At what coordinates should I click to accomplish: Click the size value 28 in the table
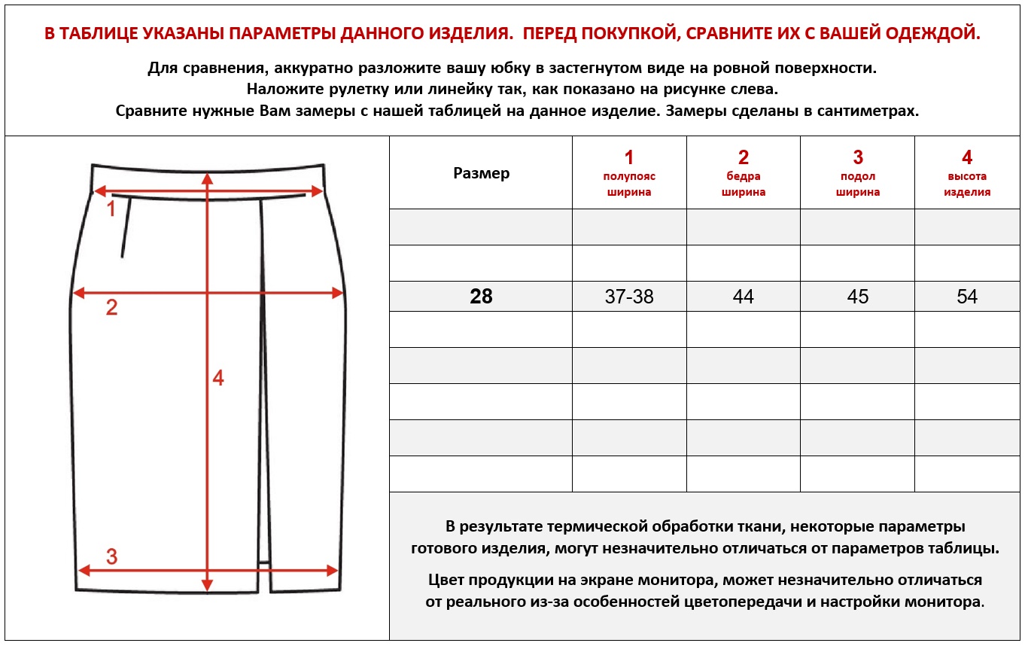click(481, 297)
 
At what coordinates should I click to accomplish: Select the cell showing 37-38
click(629, 297)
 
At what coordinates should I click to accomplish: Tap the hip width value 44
click(744, 297)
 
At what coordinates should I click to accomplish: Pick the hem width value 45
click(858, 297)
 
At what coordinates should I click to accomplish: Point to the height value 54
click(967, 297)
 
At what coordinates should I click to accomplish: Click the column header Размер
click(482, 173)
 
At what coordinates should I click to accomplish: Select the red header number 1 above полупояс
click(629, 157)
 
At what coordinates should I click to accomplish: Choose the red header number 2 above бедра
click(744, 157)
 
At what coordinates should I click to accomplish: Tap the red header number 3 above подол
click(858, 157)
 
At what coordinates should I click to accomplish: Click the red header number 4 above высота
click(967, 157)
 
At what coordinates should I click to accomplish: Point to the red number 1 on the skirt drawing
click(111, 209)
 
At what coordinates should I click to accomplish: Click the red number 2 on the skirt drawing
click(111, 307)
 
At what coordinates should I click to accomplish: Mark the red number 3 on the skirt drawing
click(111, 556)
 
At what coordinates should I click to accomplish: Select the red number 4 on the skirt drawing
click(218, 378)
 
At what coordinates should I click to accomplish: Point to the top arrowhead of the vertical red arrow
click(208, 178)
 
